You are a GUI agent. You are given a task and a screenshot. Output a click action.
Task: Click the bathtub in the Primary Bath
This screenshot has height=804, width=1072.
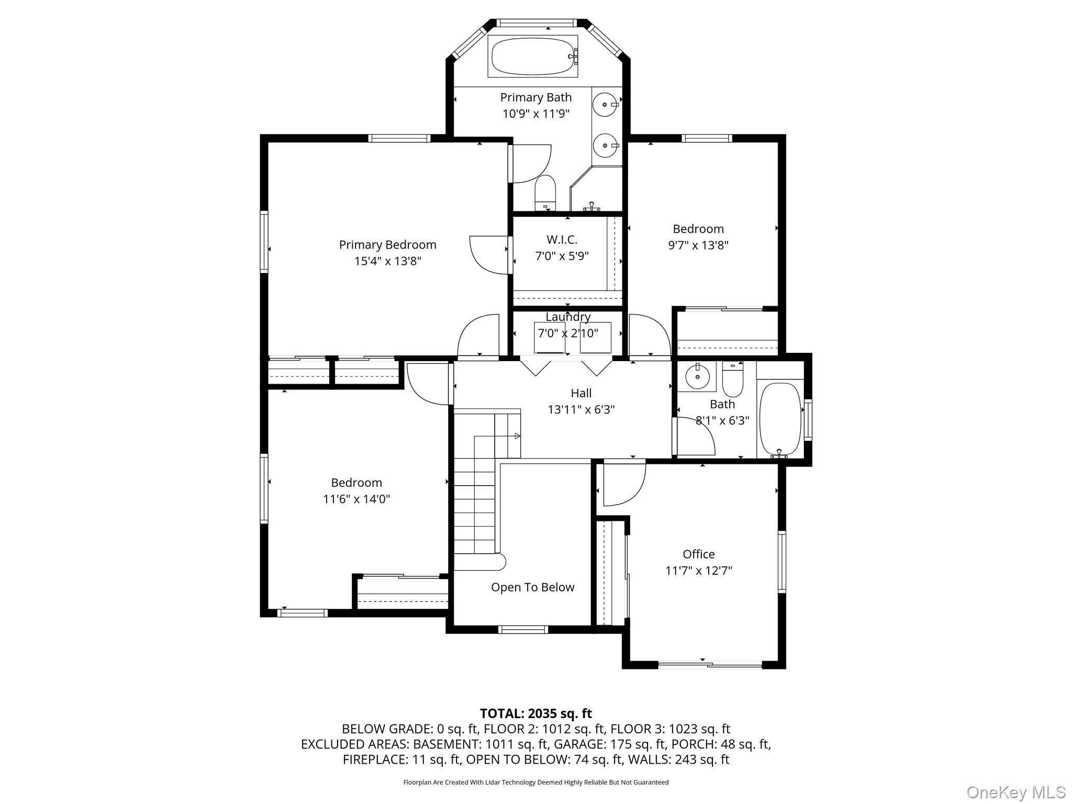(533, 56)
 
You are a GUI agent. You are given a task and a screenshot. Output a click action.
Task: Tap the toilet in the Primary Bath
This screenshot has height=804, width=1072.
(545, 193)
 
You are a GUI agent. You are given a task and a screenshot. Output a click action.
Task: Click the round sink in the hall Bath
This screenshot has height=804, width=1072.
(697, 375)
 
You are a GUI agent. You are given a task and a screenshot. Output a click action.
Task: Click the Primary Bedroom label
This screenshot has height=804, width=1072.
(387, 244)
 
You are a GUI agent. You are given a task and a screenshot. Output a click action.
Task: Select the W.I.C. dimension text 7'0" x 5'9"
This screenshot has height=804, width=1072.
(562, 256)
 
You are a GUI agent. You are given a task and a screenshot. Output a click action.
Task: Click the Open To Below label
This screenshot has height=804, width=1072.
(532, 587)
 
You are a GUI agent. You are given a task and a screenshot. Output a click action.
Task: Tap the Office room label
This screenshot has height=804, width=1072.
(698, 554)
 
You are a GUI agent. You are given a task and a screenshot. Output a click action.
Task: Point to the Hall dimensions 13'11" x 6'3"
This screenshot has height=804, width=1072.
(581, 409)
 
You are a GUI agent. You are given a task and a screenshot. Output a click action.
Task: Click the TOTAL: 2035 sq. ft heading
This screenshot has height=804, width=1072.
(535, 713)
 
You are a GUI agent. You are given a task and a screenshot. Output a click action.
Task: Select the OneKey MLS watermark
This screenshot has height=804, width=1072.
(1016, 792)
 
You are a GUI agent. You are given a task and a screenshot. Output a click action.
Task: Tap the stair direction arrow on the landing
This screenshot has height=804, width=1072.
(517, 436)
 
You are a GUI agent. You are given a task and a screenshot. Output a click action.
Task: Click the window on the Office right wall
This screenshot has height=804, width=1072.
(781, 562)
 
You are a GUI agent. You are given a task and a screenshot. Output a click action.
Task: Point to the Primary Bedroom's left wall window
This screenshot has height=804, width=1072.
(264, 242)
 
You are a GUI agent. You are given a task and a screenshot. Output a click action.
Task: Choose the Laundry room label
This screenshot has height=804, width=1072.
(568, 317)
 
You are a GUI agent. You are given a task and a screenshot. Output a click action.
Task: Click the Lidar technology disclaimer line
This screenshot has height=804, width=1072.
(535, 783)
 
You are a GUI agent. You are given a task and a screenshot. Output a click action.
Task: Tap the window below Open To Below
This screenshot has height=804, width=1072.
(523, 630)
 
